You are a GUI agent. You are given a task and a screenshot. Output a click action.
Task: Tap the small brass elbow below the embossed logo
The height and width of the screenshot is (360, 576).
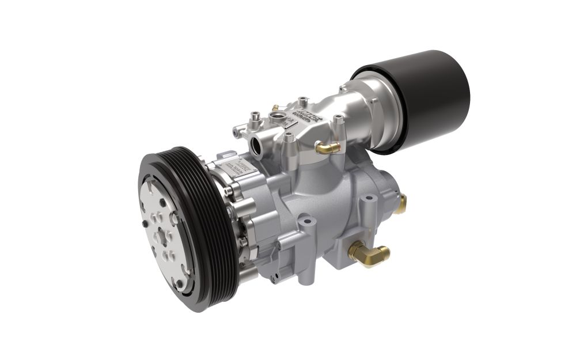coord(327,148)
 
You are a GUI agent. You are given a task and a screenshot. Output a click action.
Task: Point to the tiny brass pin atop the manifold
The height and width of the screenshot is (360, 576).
coord(275,107)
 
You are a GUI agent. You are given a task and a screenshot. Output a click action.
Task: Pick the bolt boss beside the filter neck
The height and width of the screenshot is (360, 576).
coord(339,121)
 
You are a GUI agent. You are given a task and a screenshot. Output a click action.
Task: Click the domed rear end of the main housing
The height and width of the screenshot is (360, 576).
coord(380,184)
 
